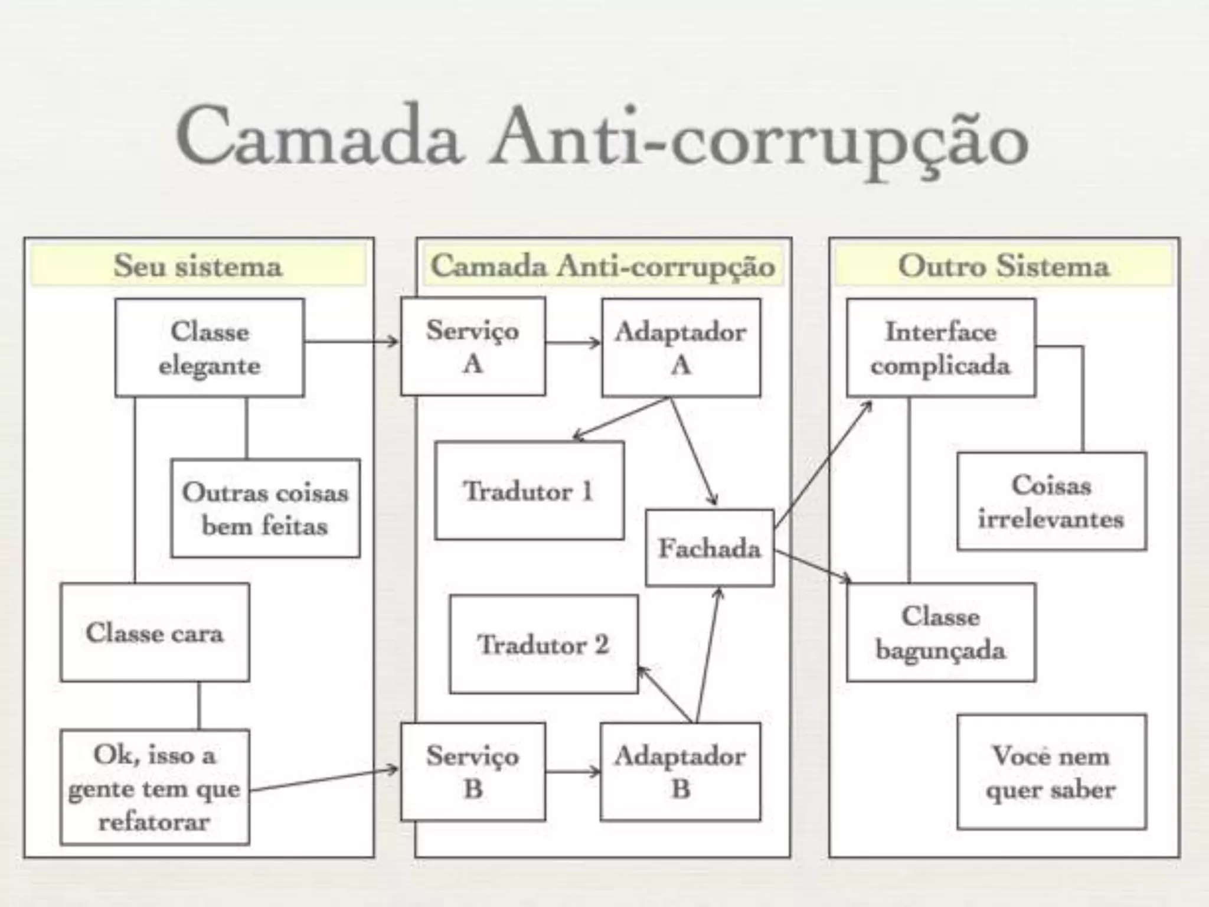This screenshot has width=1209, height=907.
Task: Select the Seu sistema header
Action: (198, 266)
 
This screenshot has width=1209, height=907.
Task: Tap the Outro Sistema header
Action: (1004, 266)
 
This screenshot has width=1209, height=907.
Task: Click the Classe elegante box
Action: (210, 347)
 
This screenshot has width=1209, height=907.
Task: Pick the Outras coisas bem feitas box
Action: (265, 508)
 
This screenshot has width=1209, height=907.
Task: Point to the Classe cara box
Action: (155, 632)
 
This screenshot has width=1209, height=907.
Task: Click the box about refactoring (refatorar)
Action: (155, 787)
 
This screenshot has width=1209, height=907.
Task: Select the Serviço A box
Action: (473, 347)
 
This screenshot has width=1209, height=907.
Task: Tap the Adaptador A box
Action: (681, 347)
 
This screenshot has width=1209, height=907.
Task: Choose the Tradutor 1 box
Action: (529, 491)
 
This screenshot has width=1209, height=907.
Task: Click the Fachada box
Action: (710, 548)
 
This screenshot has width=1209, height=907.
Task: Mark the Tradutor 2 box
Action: (544, 644)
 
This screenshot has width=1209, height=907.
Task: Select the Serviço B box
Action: (473, 771)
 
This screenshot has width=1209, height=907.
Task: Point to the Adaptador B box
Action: (681, 772)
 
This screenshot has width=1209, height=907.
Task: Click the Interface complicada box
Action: (941, 347)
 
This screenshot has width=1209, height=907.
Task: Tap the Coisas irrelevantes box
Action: (1051, 502)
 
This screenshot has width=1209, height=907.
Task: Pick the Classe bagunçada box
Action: (941, 632)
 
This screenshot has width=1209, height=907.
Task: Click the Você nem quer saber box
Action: (1051, 772)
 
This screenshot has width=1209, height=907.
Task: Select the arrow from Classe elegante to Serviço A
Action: (352, 341)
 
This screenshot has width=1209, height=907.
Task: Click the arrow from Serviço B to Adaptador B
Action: (573, 771)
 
